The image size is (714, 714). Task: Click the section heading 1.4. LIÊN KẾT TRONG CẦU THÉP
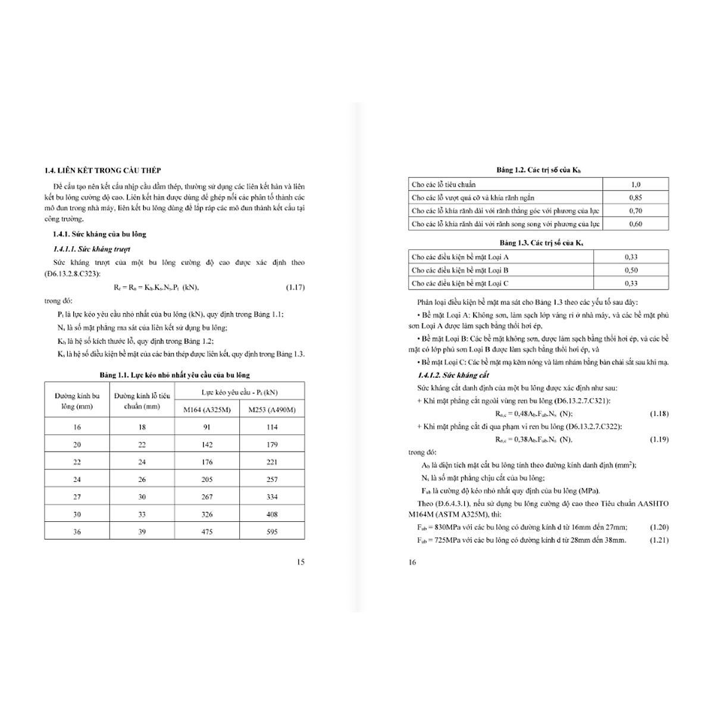pyautogui.click(x=102, y=170)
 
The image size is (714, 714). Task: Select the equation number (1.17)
pyautogui.click(x=295, y=287)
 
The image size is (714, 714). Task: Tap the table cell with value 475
pyautogui.click(x=207, y=531)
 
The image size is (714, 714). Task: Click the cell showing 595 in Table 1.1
pyautogui.click(x=272, y=531)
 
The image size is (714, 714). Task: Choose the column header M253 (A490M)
pyautogui.click(x=272, y=409)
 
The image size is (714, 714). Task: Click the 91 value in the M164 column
pyautogui.click(x=207, y=427)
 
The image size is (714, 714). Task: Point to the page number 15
pyautogui.click(x=300, y=562)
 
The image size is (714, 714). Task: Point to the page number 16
pyautogui.click(x=412, y=562)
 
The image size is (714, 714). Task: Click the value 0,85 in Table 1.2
pyautogui.click(x=635, y=198)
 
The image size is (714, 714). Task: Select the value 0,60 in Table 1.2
pyautogui.click(x=635, y=224)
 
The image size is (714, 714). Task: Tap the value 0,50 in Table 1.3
pyautogui.click(x=631, y=270)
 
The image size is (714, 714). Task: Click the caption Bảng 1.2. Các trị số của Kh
pyautogui.click(x=538, y=170)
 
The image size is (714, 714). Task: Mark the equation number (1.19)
pyautogui.click(x=659, y=440)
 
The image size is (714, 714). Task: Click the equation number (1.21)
pyautogui.click(x=659, y=540)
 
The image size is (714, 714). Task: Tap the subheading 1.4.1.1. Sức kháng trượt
pyautogui.click(x=91, y=249)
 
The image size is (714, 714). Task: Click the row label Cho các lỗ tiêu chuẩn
pyautogui.click(x=444, y=184)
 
